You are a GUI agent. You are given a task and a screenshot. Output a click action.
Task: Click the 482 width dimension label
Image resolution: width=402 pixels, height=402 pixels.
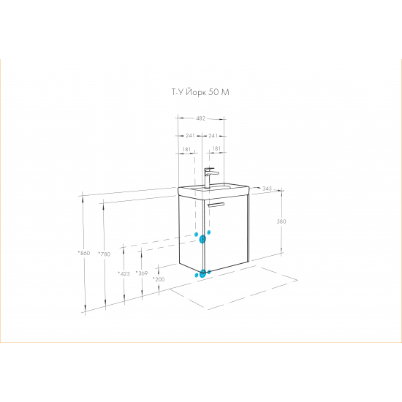pos(201,118)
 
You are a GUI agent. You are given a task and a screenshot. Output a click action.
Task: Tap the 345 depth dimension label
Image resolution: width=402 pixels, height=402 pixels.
pos(267,189)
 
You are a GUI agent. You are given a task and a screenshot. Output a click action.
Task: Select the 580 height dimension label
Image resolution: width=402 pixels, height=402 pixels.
pos(281,221)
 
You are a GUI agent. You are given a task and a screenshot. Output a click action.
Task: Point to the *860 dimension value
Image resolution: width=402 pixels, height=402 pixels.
pos(84,253)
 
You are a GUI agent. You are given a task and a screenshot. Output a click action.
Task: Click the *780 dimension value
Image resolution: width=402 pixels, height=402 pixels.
pos(105,254)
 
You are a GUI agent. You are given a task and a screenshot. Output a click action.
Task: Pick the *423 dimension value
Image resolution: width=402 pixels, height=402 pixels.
pos(124,273)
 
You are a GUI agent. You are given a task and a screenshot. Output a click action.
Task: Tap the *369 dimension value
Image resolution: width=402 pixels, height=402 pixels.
pos(142,273)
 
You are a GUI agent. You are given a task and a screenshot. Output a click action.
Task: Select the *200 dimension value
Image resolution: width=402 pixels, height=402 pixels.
pos(159,279)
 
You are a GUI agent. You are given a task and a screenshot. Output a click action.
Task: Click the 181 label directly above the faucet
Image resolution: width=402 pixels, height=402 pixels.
pos(216,148)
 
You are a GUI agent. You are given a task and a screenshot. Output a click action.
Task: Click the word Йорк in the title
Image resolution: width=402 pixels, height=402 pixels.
pos(195,92)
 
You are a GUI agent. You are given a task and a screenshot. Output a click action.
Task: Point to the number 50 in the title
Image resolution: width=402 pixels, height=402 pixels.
pos(213,92)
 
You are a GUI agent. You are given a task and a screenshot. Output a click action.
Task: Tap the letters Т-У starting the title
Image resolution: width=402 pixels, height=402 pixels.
pos(177,92)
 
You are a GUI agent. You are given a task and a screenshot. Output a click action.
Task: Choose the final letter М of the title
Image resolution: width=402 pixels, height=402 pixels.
pos(225,92)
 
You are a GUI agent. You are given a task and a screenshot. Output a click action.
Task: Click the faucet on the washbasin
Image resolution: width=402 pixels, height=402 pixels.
pos(210,178)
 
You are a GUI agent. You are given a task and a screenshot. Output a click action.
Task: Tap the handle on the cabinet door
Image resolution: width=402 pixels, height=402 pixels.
pos(216,205)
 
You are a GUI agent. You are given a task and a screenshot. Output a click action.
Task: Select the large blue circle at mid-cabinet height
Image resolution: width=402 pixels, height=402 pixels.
pos(202,239)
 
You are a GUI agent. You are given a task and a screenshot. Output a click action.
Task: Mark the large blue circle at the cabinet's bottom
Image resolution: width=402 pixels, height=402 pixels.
pos(202,273)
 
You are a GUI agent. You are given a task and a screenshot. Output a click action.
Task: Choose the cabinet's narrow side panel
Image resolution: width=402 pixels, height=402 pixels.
pos(191,232)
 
